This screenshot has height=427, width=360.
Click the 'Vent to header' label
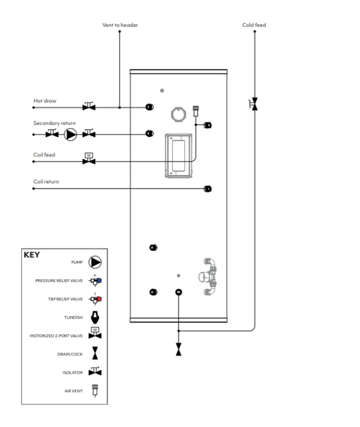click(120, 25)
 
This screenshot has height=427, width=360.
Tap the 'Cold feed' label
click(254, 25)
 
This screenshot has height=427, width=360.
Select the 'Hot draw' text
click(45, 101)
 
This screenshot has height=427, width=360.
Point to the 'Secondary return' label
click(54, 123)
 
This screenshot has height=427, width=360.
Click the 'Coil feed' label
click(44, 155)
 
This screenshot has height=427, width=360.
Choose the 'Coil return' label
click(46, 182)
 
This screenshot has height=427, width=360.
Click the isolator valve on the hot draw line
click(89, 106)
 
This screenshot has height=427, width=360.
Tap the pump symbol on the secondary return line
click(70, 134)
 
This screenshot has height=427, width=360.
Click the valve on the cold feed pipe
click(254, 104)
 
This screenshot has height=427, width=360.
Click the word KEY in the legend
click(32, 255)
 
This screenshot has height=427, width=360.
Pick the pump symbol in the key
click(95, 262)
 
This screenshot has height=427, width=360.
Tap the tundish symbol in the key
click(95, 318)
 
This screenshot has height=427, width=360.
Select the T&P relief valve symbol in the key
click(95, 298)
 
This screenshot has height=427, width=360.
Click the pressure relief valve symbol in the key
click(95, 280)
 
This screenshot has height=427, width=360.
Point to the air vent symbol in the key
click(95, 390)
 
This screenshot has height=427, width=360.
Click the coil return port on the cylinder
click(207, 189)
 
